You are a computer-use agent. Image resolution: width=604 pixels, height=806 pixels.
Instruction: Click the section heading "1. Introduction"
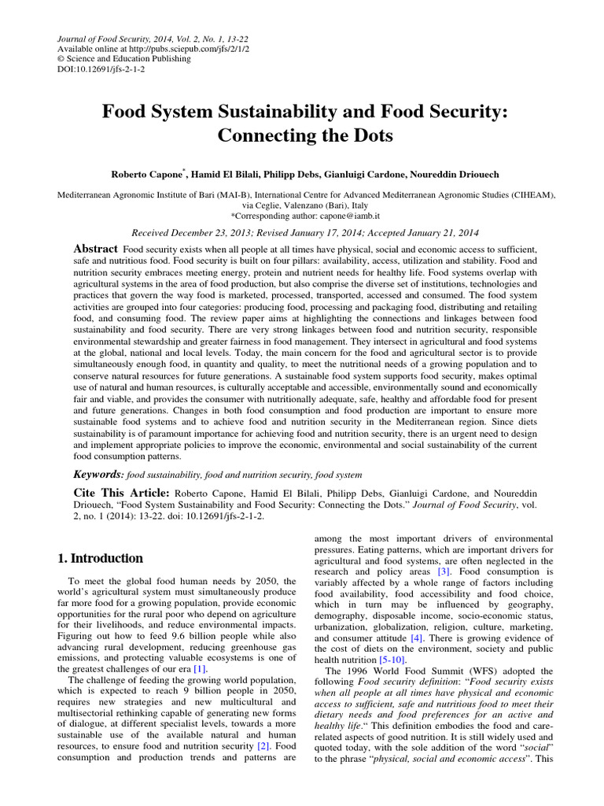click(x=101, y=558)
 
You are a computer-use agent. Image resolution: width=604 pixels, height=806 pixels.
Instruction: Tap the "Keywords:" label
click(x=98, y=475)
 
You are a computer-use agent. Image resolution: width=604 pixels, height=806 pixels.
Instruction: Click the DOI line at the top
click(x=101, y=68)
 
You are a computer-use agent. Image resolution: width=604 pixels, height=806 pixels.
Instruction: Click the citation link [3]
click(x=444, y=571)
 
